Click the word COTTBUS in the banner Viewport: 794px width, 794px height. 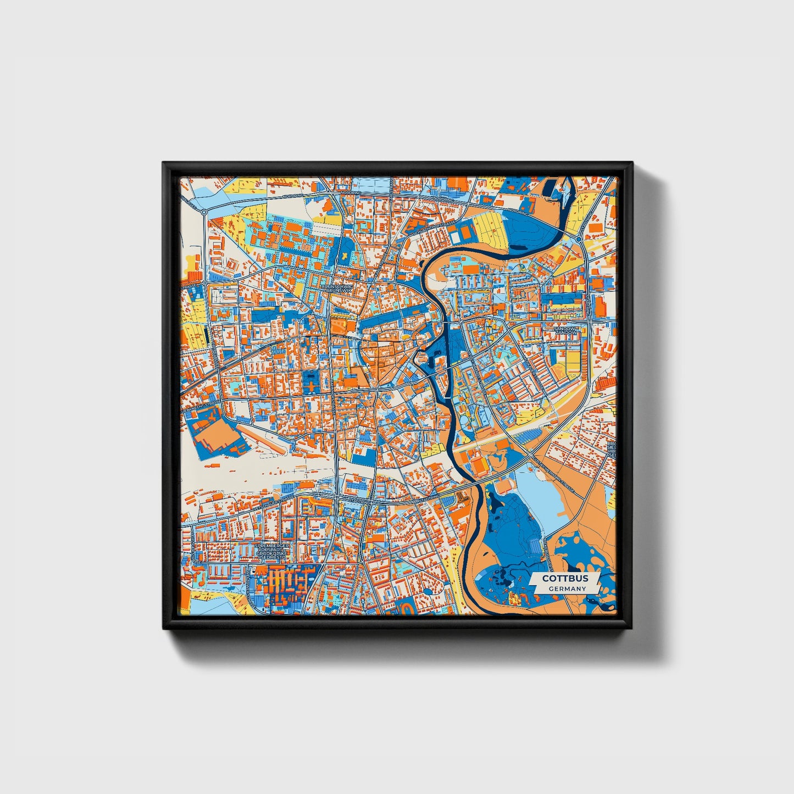(565, 579)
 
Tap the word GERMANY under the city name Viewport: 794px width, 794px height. (567, 588)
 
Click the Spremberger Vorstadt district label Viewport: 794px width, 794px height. (271, 551)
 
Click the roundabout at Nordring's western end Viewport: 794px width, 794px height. (203, 212)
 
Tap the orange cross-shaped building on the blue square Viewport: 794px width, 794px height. (312, 386)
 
